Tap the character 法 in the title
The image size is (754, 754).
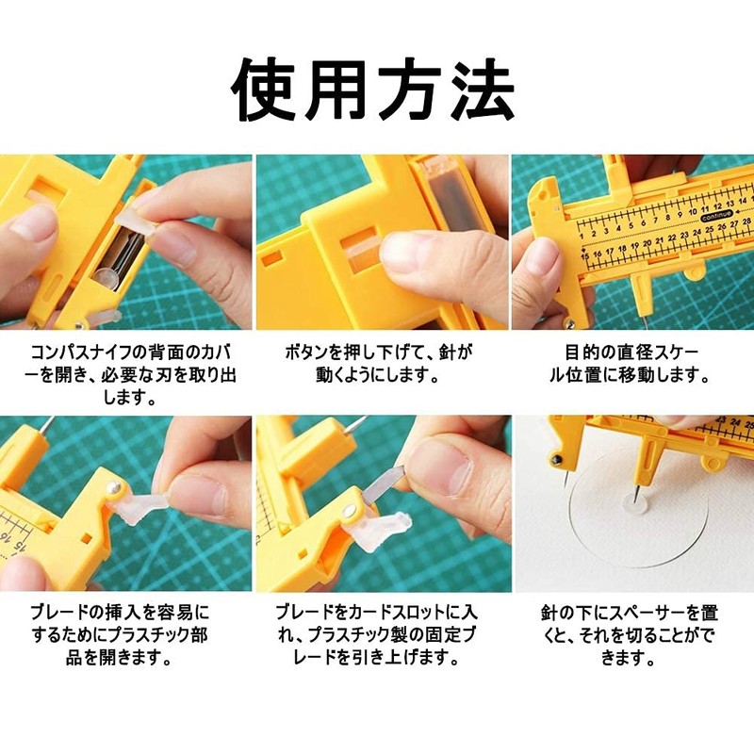(x=479, y=90)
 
